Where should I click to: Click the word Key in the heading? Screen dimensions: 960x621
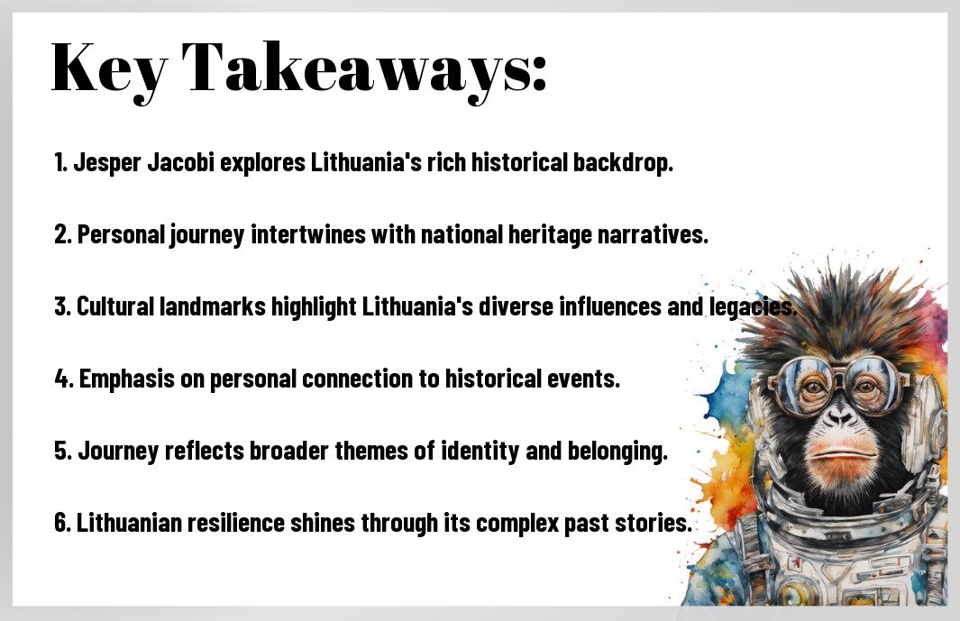tap(109, 68)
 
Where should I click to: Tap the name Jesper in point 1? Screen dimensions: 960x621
tap(107, 163)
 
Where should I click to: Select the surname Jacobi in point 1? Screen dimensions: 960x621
tap(180, 162)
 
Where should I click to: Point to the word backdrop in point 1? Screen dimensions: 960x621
tap(623, 163)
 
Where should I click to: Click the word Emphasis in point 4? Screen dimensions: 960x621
tap(127, 379)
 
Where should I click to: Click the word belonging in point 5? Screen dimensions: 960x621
tap(617, 452)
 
